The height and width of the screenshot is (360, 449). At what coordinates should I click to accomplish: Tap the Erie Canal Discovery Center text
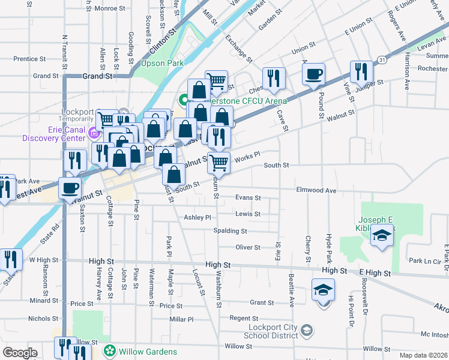click(x=54, y=134)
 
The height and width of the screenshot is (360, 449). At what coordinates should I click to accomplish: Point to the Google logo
click(x=20, y=352)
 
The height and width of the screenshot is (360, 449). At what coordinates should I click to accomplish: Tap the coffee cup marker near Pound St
click(x=313, y=76)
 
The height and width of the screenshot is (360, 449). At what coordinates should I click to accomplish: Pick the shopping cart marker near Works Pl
click(x=220, y=161)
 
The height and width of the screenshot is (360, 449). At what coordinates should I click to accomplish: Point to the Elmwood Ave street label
click(x=316, y=190)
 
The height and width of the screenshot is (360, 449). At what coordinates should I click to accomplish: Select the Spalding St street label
click(x=230, y=231)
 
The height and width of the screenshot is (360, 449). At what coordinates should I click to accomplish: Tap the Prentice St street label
click(x=26, y=59)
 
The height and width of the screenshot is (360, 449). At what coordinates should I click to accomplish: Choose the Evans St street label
click(x=248, y=197)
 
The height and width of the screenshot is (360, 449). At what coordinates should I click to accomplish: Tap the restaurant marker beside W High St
click(x=11, y=259)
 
